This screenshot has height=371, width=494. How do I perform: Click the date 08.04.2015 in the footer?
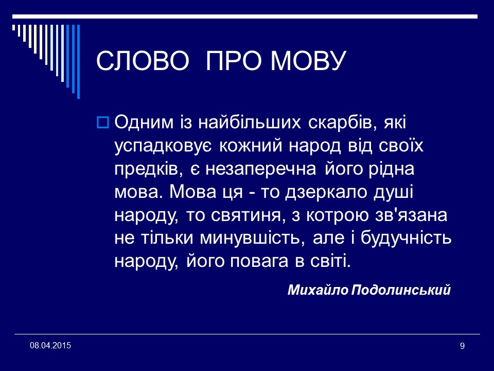pos(50,344)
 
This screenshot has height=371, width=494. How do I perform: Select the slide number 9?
pos(462,346)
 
